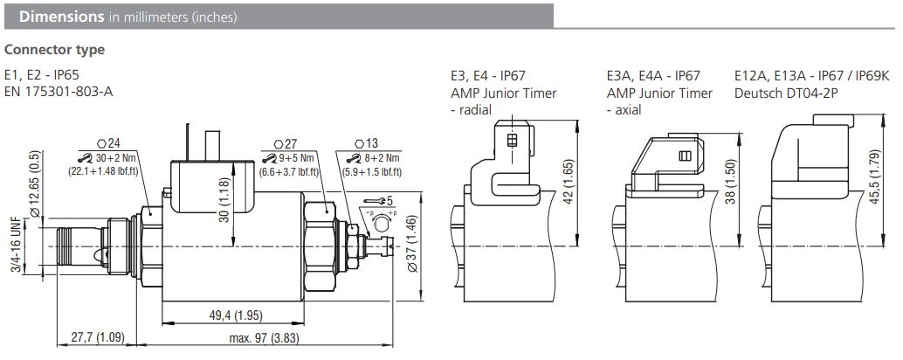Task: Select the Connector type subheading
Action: tap(54, 50)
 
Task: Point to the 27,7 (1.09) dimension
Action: tap(98, 337)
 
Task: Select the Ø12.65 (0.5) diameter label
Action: tap(36, 186)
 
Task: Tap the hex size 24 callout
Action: tap(108, 143)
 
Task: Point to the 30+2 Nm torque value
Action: tap(112, 158)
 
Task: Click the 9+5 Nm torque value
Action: tap(293, 158)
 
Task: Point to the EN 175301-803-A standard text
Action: tap(59, 92)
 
